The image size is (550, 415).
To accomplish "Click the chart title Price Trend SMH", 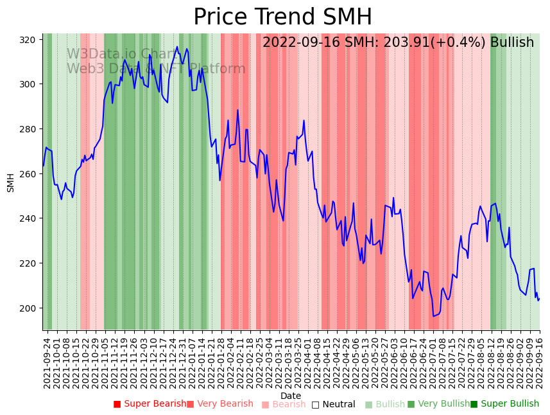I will coord(282,17).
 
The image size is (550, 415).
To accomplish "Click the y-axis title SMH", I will coord(11,182).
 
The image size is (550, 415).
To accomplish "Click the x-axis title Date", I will coord(291,396).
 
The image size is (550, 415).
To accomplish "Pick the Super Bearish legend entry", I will coord(151,404).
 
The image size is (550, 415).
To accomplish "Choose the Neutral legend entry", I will coord(333,405).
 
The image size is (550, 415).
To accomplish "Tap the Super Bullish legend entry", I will coord(505,404).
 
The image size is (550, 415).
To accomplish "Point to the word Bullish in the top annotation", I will coord(511,43).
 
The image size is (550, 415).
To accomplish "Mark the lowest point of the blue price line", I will coord(434,316).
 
